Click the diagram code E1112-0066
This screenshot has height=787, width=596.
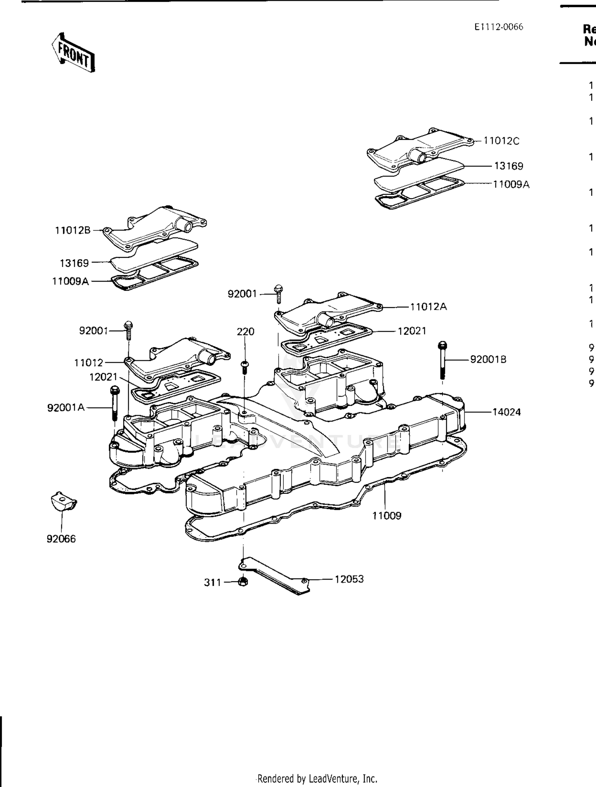pyautogui.click(x=499, y=27)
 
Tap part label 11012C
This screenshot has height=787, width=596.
pyautogui.click(x=501, y=141)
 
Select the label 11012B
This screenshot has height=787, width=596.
pyautogui.click(x=73, y=230)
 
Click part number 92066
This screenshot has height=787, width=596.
pyautogui.click(x=61, y=539)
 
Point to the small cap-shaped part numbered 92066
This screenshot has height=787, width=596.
pyautogui.click(x=63, y=502)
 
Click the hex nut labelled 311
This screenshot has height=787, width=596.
pyautogui.click(x=244, y=582)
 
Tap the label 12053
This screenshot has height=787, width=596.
pyautogui.click(x=349, y=579)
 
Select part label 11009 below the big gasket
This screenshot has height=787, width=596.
pyautogui.click(x=387, y=516)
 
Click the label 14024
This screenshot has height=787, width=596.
pyautogui.click(x=506, y=412)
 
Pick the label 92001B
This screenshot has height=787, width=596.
pyautogui.click(x=488, y=360)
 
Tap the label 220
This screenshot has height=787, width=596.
pyautogui.click(x=246, y=331)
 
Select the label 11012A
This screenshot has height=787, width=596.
pyautogui.click(x=428, y=307)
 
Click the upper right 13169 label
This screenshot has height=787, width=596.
pyautogui.click(x=509, y=166)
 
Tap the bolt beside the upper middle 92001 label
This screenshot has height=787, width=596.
pyautogui.click(x=279, y=294)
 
